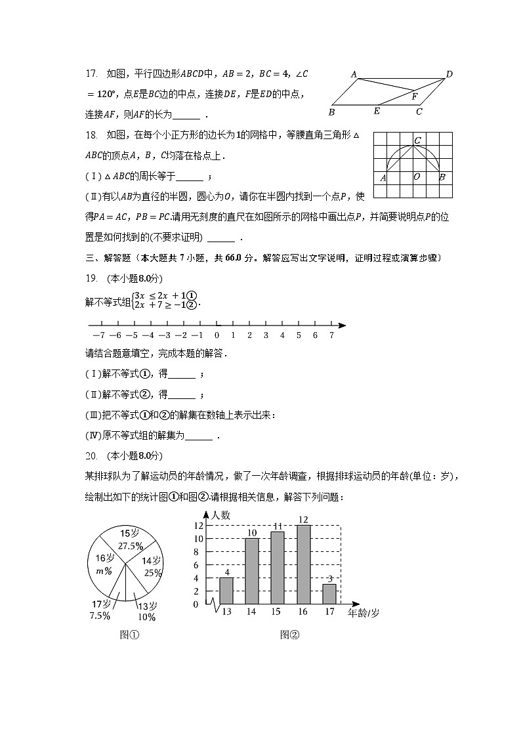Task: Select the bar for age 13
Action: pyautogui.click(x=226, y=590)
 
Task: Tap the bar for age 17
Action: pyautogui.click(x=329, y=593)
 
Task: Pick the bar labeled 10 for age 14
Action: pyautogui.click(x=252, y=570)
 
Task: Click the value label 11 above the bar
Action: pyautogui.click(x=278, y=526)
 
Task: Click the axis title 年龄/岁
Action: pyautogui.click(x=363, y=612)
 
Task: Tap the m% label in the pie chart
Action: pyautogui.click(x=104, y=571)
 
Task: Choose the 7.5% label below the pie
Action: pyautogui.click(x=100, y=616)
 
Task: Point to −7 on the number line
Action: pyautogui.click(x=98, y=335)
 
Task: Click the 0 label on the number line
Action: pyautogui.click(x=217, y=335)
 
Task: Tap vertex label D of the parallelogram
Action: pyautogui.click(x=449, y=74)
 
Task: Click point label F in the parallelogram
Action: pyautogui.click(x=414, y=96)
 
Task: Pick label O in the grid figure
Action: pyautogui.click(x=416, y=177)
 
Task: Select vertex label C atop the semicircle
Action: pyautogui.click(x=417, y=140)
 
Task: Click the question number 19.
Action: pyautogui.click(x=91, y=278)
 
